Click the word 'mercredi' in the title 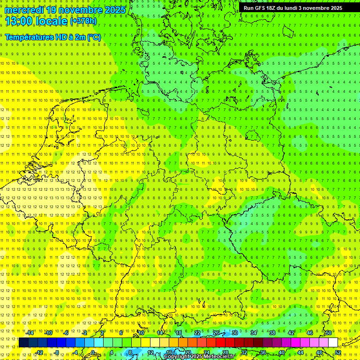click(x=24, y=10)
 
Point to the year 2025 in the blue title click(x=114, y=10)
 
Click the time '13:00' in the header click(x=21, y=21)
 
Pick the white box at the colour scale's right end click(x=333, y=342)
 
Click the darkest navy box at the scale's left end click(x=23, y=342)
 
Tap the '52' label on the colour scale click(x=338, y=352)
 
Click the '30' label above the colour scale click(x=235, y=333)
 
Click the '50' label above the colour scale click(x=329, y=333)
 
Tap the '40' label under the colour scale click(x=282, y=352)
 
